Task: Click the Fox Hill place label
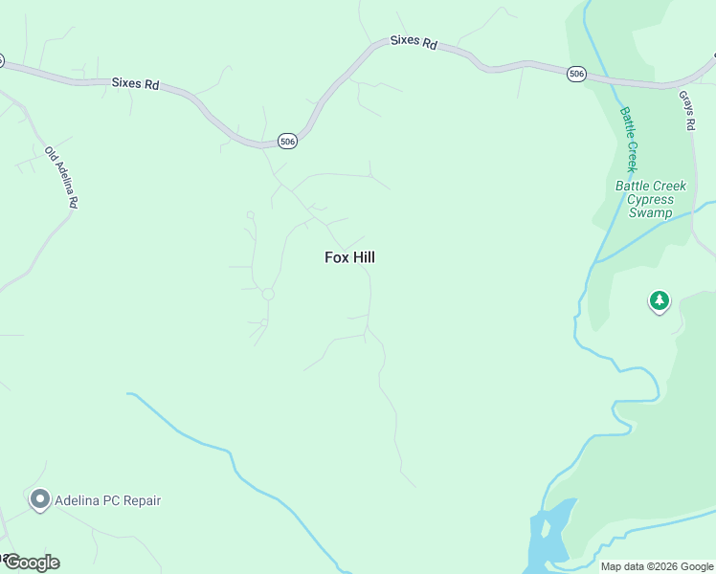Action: pyautogui.click(x=349, y=257)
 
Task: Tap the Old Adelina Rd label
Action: pyautogui.click(x=61, y=178)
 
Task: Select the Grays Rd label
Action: pyautogui.click(x=686, y=112)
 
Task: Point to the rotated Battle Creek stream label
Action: pyautogui.click(x=629, y=138)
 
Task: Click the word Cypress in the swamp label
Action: pyautogui.click(x=650, y=200)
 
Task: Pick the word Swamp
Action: pyautogui.click(x=650, y=212)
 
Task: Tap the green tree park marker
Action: pyautogui.click(x=659, y=301)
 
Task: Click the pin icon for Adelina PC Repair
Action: pyautogui.click(x=39, y=499)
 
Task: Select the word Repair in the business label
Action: pyautogui.click(x=140, y=500)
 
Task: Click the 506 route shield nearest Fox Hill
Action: pyautogui.click(x=287, y=141)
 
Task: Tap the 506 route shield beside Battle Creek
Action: pyautogui.click(x=576, y=74)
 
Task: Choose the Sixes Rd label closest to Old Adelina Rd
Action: pyautogui.click(x=135, y=83)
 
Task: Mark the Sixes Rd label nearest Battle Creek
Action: pyautogui.click(x=414, y=43)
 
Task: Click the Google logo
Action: pyautogui.click(x=32, y=562)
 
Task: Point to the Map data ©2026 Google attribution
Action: pyautogui.click(x=656, y=566)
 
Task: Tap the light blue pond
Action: pyautogui.click(x=548, y=536)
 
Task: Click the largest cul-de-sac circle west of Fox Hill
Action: pyautogui.click(x=268, y=294)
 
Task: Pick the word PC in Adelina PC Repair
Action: pyautogui.click(x=109, y=500)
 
